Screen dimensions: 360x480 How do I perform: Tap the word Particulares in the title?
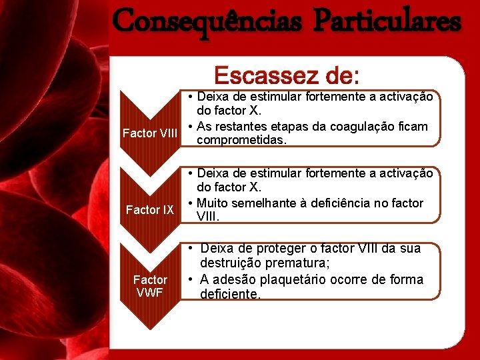coord(387,21)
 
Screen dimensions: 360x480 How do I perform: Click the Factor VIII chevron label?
coord(150,133)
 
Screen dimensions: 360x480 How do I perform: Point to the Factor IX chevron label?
coord(150,210)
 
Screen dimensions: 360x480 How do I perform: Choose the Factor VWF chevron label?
coord(150,286)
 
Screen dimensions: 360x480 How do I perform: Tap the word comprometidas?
coord(242,141)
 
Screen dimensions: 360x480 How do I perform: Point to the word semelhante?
coord(262,203)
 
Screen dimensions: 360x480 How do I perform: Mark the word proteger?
coord(265,249)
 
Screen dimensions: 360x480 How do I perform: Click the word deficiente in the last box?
coord(230,294)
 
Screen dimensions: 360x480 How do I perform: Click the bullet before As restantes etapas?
coord(191,127)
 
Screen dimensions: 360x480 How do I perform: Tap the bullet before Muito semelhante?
coord(191,203)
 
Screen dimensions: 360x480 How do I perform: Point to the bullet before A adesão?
coord(191,279)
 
